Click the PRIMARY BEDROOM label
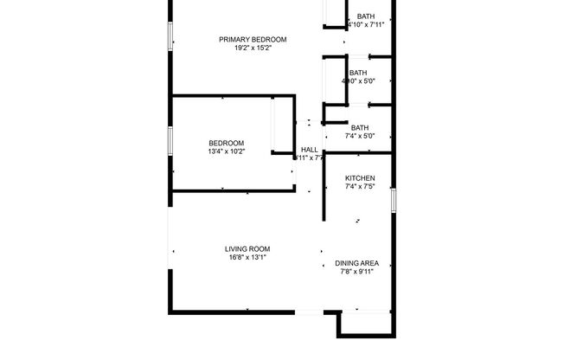click(x=253, y=39)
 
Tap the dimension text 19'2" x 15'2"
click(x=253, y=48)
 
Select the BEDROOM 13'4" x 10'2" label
click(x=226, y=143)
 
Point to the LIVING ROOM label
click(x=247, y=248)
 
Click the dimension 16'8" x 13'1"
click(x=247, y=257)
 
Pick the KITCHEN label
click(x=360, y=178)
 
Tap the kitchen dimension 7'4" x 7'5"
click(x=360, y=187)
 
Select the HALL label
click(x=309, y=150)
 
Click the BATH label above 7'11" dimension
click(x=366, y=16)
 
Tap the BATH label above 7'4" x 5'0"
click(x=360, y=127)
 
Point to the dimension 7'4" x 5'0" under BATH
click(x=360, y=136)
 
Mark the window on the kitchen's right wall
click(x=394, y=200)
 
